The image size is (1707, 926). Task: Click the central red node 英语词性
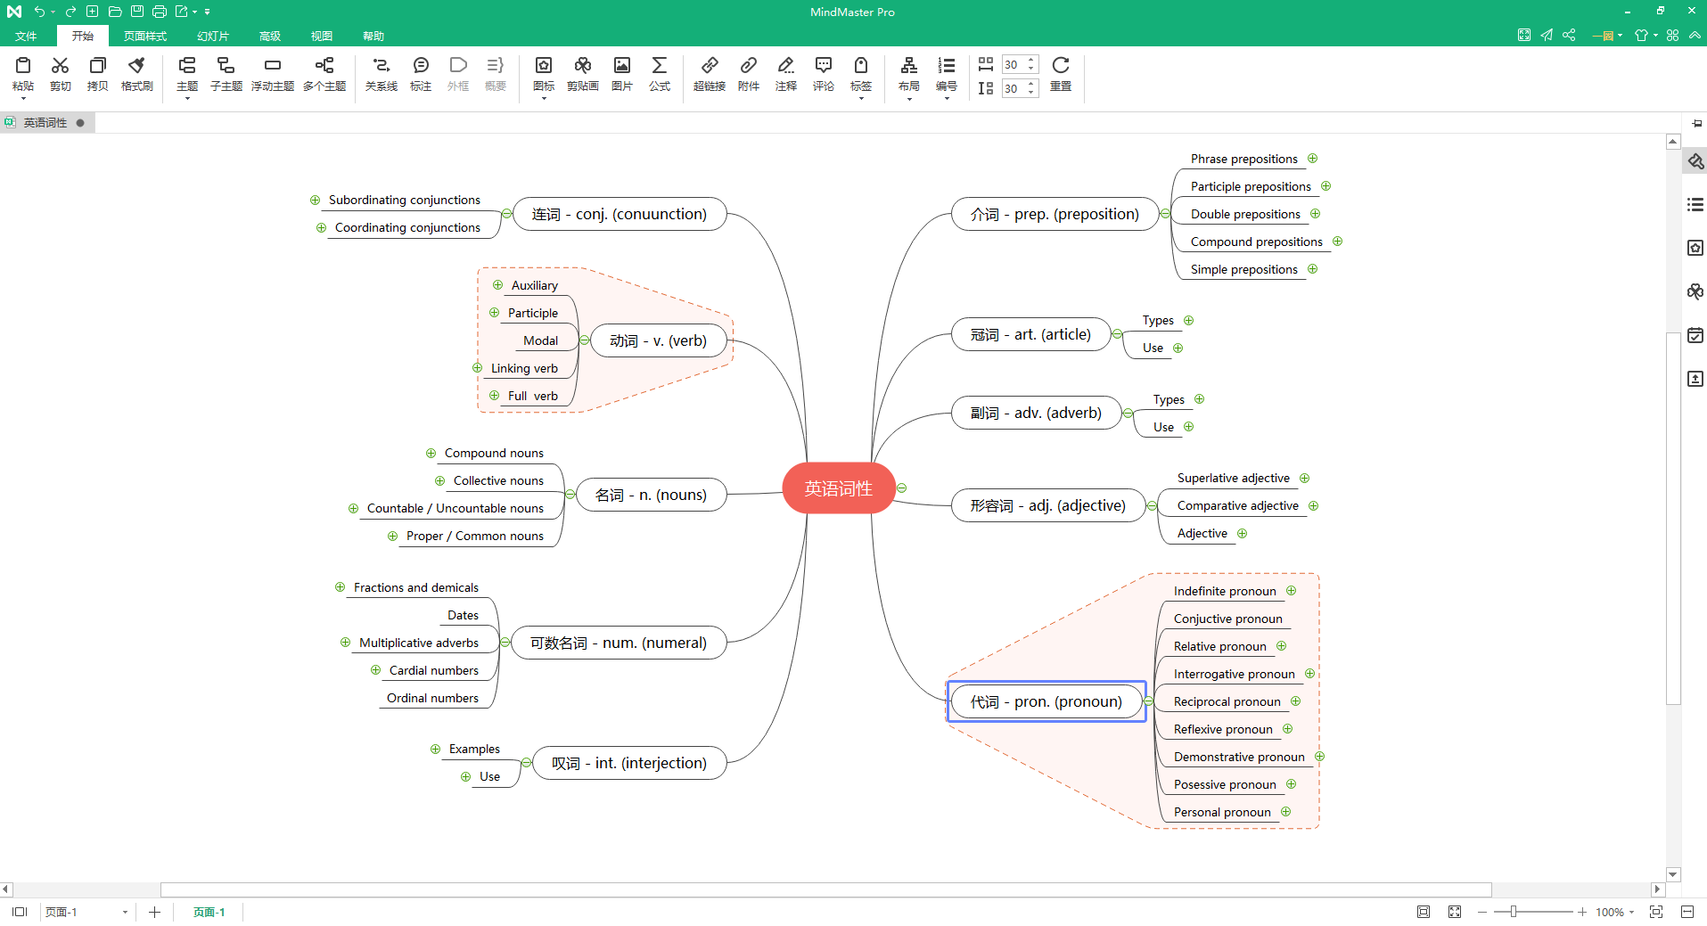point(838,488)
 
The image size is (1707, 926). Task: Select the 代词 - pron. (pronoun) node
point(1046,701)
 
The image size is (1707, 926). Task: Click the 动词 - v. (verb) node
point(658,340)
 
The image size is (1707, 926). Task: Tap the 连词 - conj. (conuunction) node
point(620,214)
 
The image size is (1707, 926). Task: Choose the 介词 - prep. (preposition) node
point(1055,214)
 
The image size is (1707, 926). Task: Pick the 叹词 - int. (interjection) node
point(629,763)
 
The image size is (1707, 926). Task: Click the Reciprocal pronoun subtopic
point(1227,701)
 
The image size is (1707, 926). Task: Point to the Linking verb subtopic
point(524,368)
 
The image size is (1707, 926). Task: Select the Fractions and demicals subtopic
point(416,587)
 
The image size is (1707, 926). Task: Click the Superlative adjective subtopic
point(1233,478)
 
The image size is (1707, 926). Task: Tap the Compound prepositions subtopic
point(1256,242)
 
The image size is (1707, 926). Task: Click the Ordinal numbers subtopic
point(432,698)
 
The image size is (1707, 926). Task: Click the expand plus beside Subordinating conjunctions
point(315,200)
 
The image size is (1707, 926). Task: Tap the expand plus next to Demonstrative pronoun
point(1319,757)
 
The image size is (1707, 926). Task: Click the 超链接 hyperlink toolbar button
point(710,74)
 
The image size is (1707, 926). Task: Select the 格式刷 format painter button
point(136,74)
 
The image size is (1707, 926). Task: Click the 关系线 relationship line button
point(382,74)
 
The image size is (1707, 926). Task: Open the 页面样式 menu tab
point(145,36)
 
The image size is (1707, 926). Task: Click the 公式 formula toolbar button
point(660,74)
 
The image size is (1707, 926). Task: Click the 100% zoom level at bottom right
point(1609,912)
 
